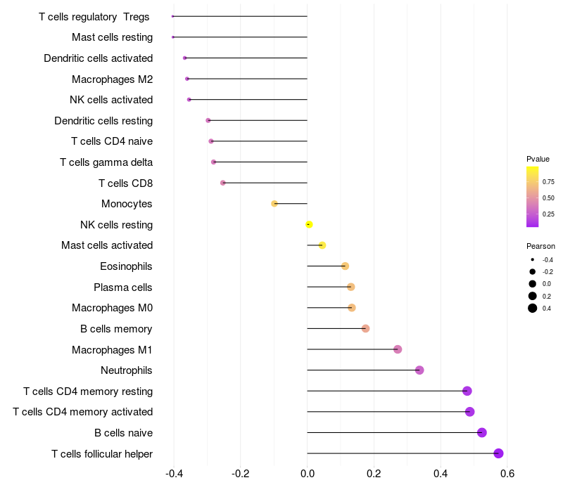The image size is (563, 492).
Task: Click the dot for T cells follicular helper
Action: [498, 453]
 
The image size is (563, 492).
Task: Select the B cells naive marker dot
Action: [482, 432]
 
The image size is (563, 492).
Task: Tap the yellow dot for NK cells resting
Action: [309, 225]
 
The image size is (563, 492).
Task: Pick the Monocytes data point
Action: [274, 204]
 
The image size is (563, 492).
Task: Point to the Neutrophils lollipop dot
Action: [419, 370]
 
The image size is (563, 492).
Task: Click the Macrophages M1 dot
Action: [398, 349]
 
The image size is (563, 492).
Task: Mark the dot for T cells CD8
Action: [223, 183]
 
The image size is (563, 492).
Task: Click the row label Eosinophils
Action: [127, 266]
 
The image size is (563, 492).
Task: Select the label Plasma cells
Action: [123, 287]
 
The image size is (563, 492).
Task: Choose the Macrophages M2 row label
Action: [112, 79]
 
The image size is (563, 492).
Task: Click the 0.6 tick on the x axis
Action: [507, 473]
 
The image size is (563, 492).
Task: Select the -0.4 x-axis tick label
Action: [174, 473]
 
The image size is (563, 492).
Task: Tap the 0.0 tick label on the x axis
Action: [308, 473]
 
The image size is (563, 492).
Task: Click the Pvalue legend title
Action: [538, 159]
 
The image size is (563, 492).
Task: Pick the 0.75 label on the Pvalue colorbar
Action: [548, 181]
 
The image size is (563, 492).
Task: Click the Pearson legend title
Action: [540, 246]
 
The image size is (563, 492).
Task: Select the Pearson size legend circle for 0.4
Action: [533, 308]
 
